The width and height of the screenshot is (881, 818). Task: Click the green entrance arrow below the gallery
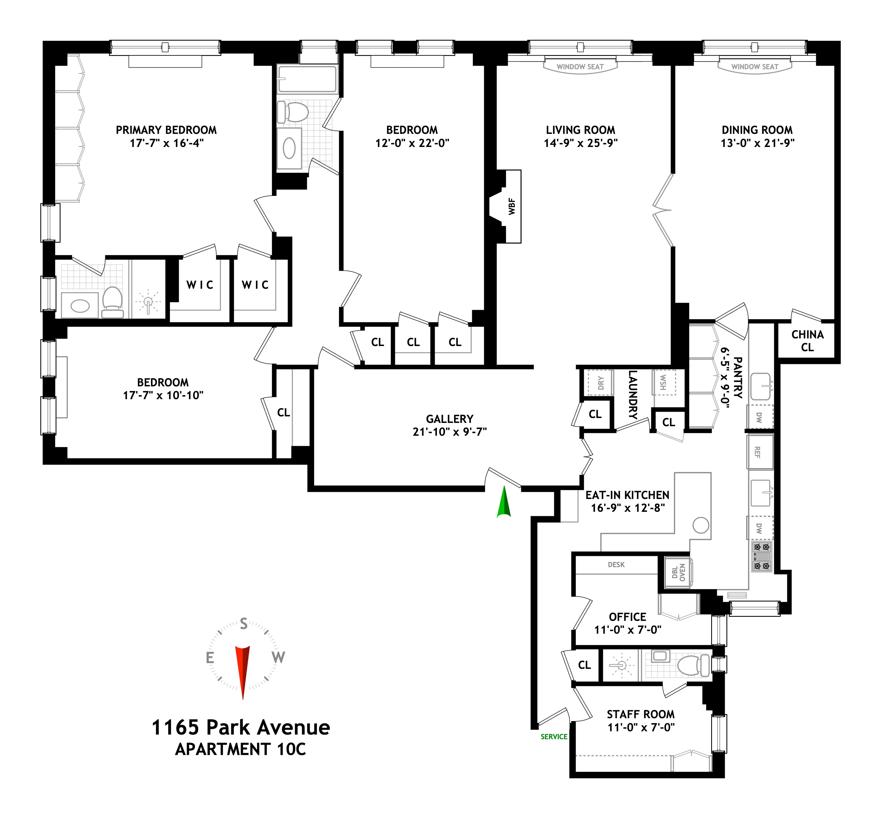click(503, 503)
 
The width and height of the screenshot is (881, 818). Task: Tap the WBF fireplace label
click(512, 206)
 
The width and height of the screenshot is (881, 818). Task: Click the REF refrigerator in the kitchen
click(759, 452)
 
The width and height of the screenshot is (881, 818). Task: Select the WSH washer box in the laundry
click(663, 382)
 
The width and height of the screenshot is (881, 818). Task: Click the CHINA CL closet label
click(807, 341)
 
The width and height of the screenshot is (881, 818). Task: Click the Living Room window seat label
click(580, 67)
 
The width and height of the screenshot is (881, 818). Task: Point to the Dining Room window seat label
click(755, 67)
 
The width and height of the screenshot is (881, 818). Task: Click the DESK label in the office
click(616, 565)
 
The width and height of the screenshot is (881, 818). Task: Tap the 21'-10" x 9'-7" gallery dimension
click(449, 432)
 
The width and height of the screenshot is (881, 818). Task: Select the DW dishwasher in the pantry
click(760, 417)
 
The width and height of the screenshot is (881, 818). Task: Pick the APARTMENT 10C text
click(241, 749)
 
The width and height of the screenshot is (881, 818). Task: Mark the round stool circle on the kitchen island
click(701, 525)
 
